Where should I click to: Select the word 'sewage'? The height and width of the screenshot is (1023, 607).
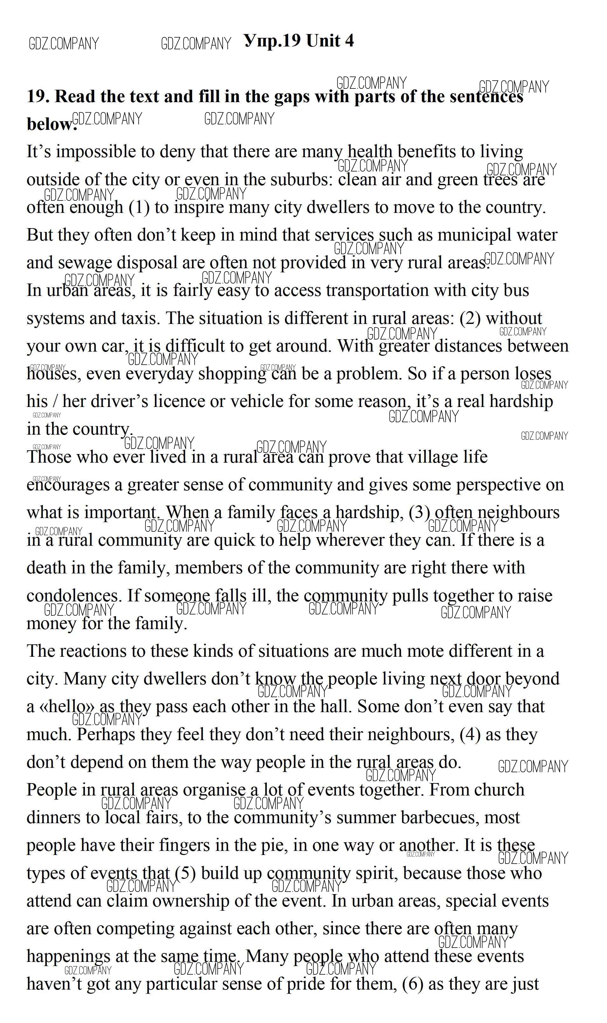click(85, 263)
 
